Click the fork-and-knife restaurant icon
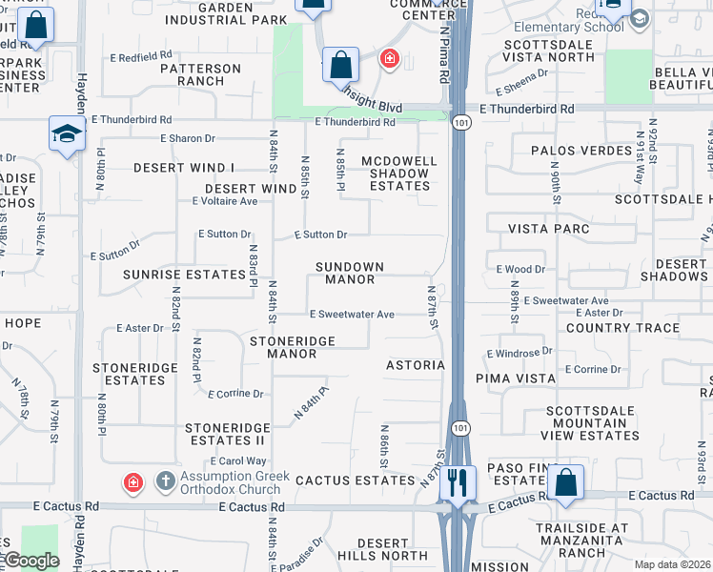(459, 482)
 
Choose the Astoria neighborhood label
(415, 365)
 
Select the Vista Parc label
(548, 229)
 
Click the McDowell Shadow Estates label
(399, 173)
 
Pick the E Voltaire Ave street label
(225, 201)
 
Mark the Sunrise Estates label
(184, 275)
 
